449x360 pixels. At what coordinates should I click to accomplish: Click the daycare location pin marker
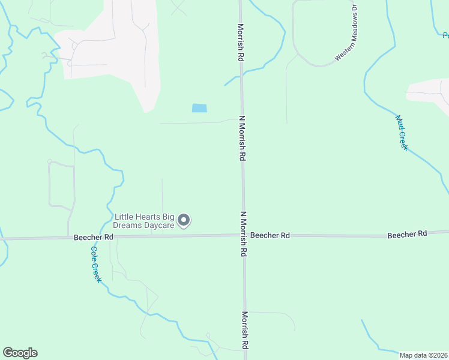click(184, 221)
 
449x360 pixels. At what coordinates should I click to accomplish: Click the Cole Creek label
click(95, 265)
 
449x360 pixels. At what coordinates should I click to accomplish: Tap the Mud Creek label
click(402, 133)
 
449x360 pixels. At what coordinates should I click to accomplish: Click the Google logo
click(20, 353)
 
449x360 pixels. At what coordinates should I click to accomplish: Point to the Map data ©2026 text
click(423, 355)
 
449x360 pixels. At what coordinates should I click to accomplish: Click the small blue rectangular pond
click(199, 108)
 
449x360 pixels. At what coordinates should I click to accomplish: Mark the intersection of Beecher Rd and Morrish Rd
click(244, 235)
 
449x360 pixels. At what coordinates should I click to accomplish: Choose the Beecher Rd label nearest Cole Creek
click(94, 238)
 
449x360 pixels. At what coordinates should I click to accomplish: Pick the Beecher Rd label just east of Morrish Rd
click(270, 236)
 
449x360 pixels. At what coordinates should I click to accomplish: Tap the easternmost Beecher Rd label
click(407, 233)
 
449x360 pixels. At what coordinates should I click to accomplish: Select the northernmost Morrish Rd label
click(241, 43)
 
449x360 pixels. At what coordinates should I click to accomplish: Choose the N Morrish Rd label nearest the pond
click(243, 138)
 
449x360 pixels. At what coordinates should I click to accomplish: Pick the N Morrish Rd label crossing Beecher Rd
click(244, 234)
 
